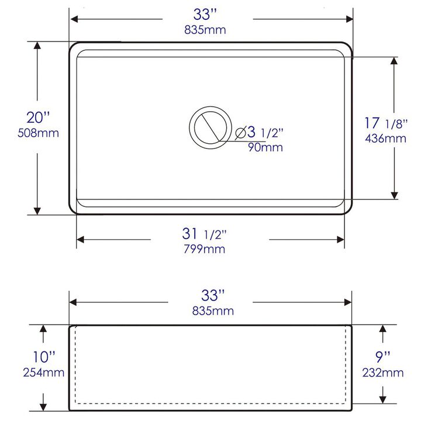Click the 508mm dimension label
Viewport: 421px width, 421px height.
pos(38,133)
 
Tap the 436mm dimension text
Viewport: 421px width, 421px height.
pos(385,139)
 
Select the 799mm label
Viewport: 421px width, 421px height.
pos(204,249)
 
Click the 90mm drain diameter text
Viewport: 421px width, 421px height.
pos(265,147)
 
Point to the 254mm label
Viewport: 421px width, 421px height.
pos(43,372)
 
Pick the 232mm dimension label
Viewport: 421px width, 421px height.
pos(383,372)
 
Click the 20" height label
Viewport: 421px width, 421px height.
pos(38,118)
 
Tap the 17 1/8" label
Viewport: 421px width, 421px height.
pos(386,123)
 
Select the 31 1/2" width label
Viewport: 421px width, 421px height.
pos(204,233)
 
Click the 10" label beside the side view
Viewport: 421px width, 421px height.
pos(44,357)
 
